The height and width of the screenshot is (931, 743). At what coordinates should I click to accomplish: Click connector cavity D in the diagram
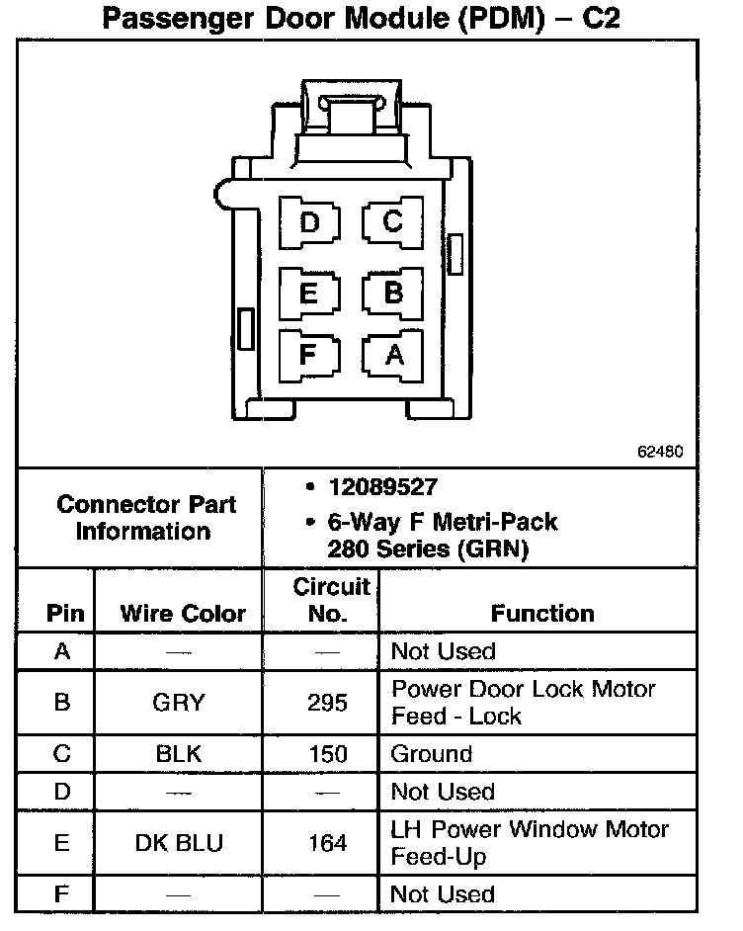tap(309, 222)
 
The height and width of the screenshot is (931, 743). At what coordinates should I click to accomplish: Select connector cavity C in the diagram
tap(392, 222)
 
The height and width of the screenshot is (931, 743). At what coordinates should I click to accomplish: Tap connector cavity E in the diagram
tap(309, 293)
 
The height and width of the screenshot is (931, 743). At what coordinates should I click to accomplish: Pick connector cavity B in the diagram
tap(392, 293)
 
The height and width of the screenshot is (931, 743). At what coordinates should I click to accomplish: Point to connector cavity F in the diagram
tap(309, 353)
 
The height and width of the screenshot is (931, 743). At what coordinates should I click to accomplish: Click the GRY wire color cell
tap(178, 703)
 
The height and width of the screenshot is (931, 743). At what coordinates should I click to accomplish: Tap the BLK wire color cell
tap(178, 754)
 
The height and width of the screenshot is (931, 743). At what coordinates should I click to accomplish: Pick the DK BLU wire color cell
tap(178, 843)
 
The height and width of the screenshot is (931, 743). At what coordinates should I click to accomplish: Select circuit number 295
tap(327, 703)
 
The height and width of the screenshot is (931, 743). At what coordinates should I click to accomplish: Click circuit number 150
tap(327, 754)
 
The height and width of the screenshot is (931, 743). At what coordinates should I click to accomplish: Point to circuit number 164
tap(327, 843)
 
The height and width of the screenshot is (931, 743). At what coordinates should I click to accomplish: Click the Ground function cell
tap(432, 754)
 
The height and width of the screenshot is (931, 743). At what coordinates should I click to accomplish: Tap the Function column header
tap(542, 613)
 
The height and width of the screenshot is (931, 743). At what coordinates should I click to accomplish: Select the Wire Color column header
tap(183, 613)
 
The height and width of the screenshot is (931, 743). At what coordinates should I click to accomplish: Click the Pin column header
tap(65, 613)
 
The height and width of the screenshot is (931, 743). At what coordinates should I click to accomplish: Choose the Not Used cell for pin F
tap(443, 894)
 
